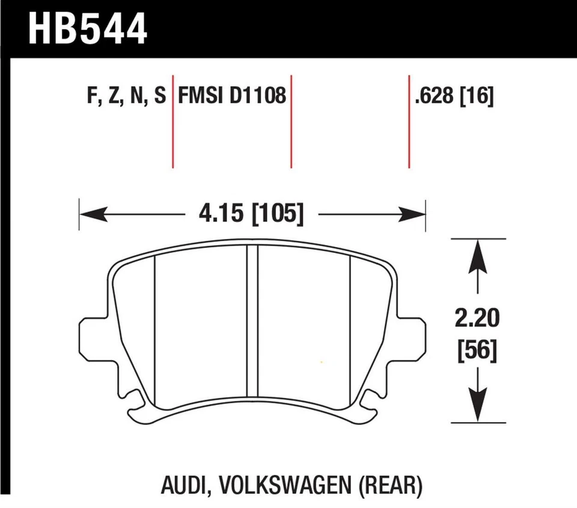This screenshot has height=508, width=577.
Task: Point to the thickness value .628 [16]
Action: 454,96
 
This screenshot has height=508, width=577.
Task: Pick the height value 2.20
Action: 478,318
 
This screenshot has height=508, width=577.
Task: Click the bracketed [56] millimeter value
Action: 478,350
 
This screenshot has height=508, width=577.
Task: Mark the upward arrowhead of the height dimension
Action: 478,253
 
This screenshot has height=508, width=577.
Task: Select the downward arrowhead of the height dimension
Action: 478,409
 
